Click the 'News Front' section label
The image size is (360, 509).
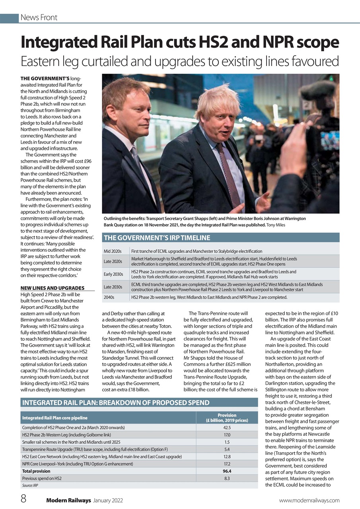click(39, 17)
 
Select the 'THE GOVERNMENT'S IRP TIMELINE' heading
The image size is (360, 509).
click(156, 238)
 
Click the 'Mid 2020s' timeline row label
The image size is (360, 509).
click(113, 251)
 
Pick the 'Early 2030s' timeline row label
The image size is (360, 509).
click(113, 274)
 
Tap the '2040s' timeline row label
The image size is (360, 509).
click(109, 297)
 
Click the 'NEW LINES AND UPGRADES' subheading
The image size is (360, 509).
click(52, 288)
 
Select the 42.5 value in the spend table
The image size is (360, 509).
click(227, 427)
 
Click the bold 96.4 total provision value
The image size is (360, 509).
click(227, 471)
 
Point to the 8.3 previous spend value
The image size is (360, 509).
click(227, 478)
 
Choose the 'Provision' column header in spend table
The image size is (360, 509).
click(227, 415)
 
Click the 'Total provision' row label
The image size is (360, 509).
click(36, 471)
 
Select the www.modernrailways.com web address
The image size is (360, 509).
click(309, 500)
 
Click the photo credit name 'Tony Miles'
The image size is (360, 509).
click(276, 225)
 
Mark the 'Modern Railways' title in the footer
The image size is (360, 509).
click(68, 500)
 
